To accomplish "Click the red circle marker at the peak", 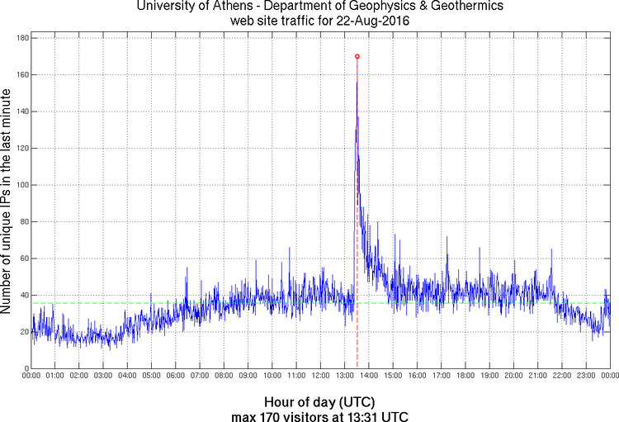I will click(x=357, y=56).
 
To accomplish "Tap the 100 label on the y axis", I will click(x=21, y=185).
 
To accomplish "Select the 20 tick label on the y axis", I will click(x=24, y=332).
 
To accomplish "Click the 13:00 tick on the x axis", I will click(x=345, y=376).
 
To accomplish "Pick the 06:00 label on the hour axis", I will click(x=176, y=376).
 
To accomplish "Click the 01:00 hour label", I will click(x=55, y=376).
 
